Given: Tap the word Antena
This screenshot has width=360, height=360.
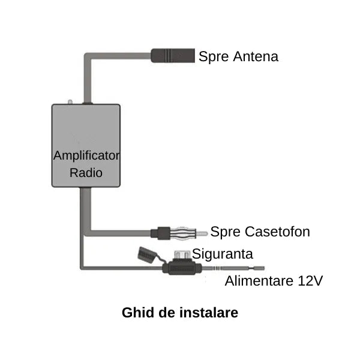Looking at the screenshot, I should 254,57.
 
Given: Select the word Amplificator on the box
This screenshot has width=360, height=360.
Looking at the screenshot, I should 86,155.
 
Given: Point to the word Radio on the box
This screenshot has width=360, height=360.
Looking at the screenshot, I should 86,173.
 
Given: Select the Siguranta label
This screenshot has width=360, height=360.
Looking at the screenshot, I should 223,253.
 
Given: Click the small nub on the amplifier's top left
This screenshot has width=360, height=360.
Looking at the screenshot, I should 70,102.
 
